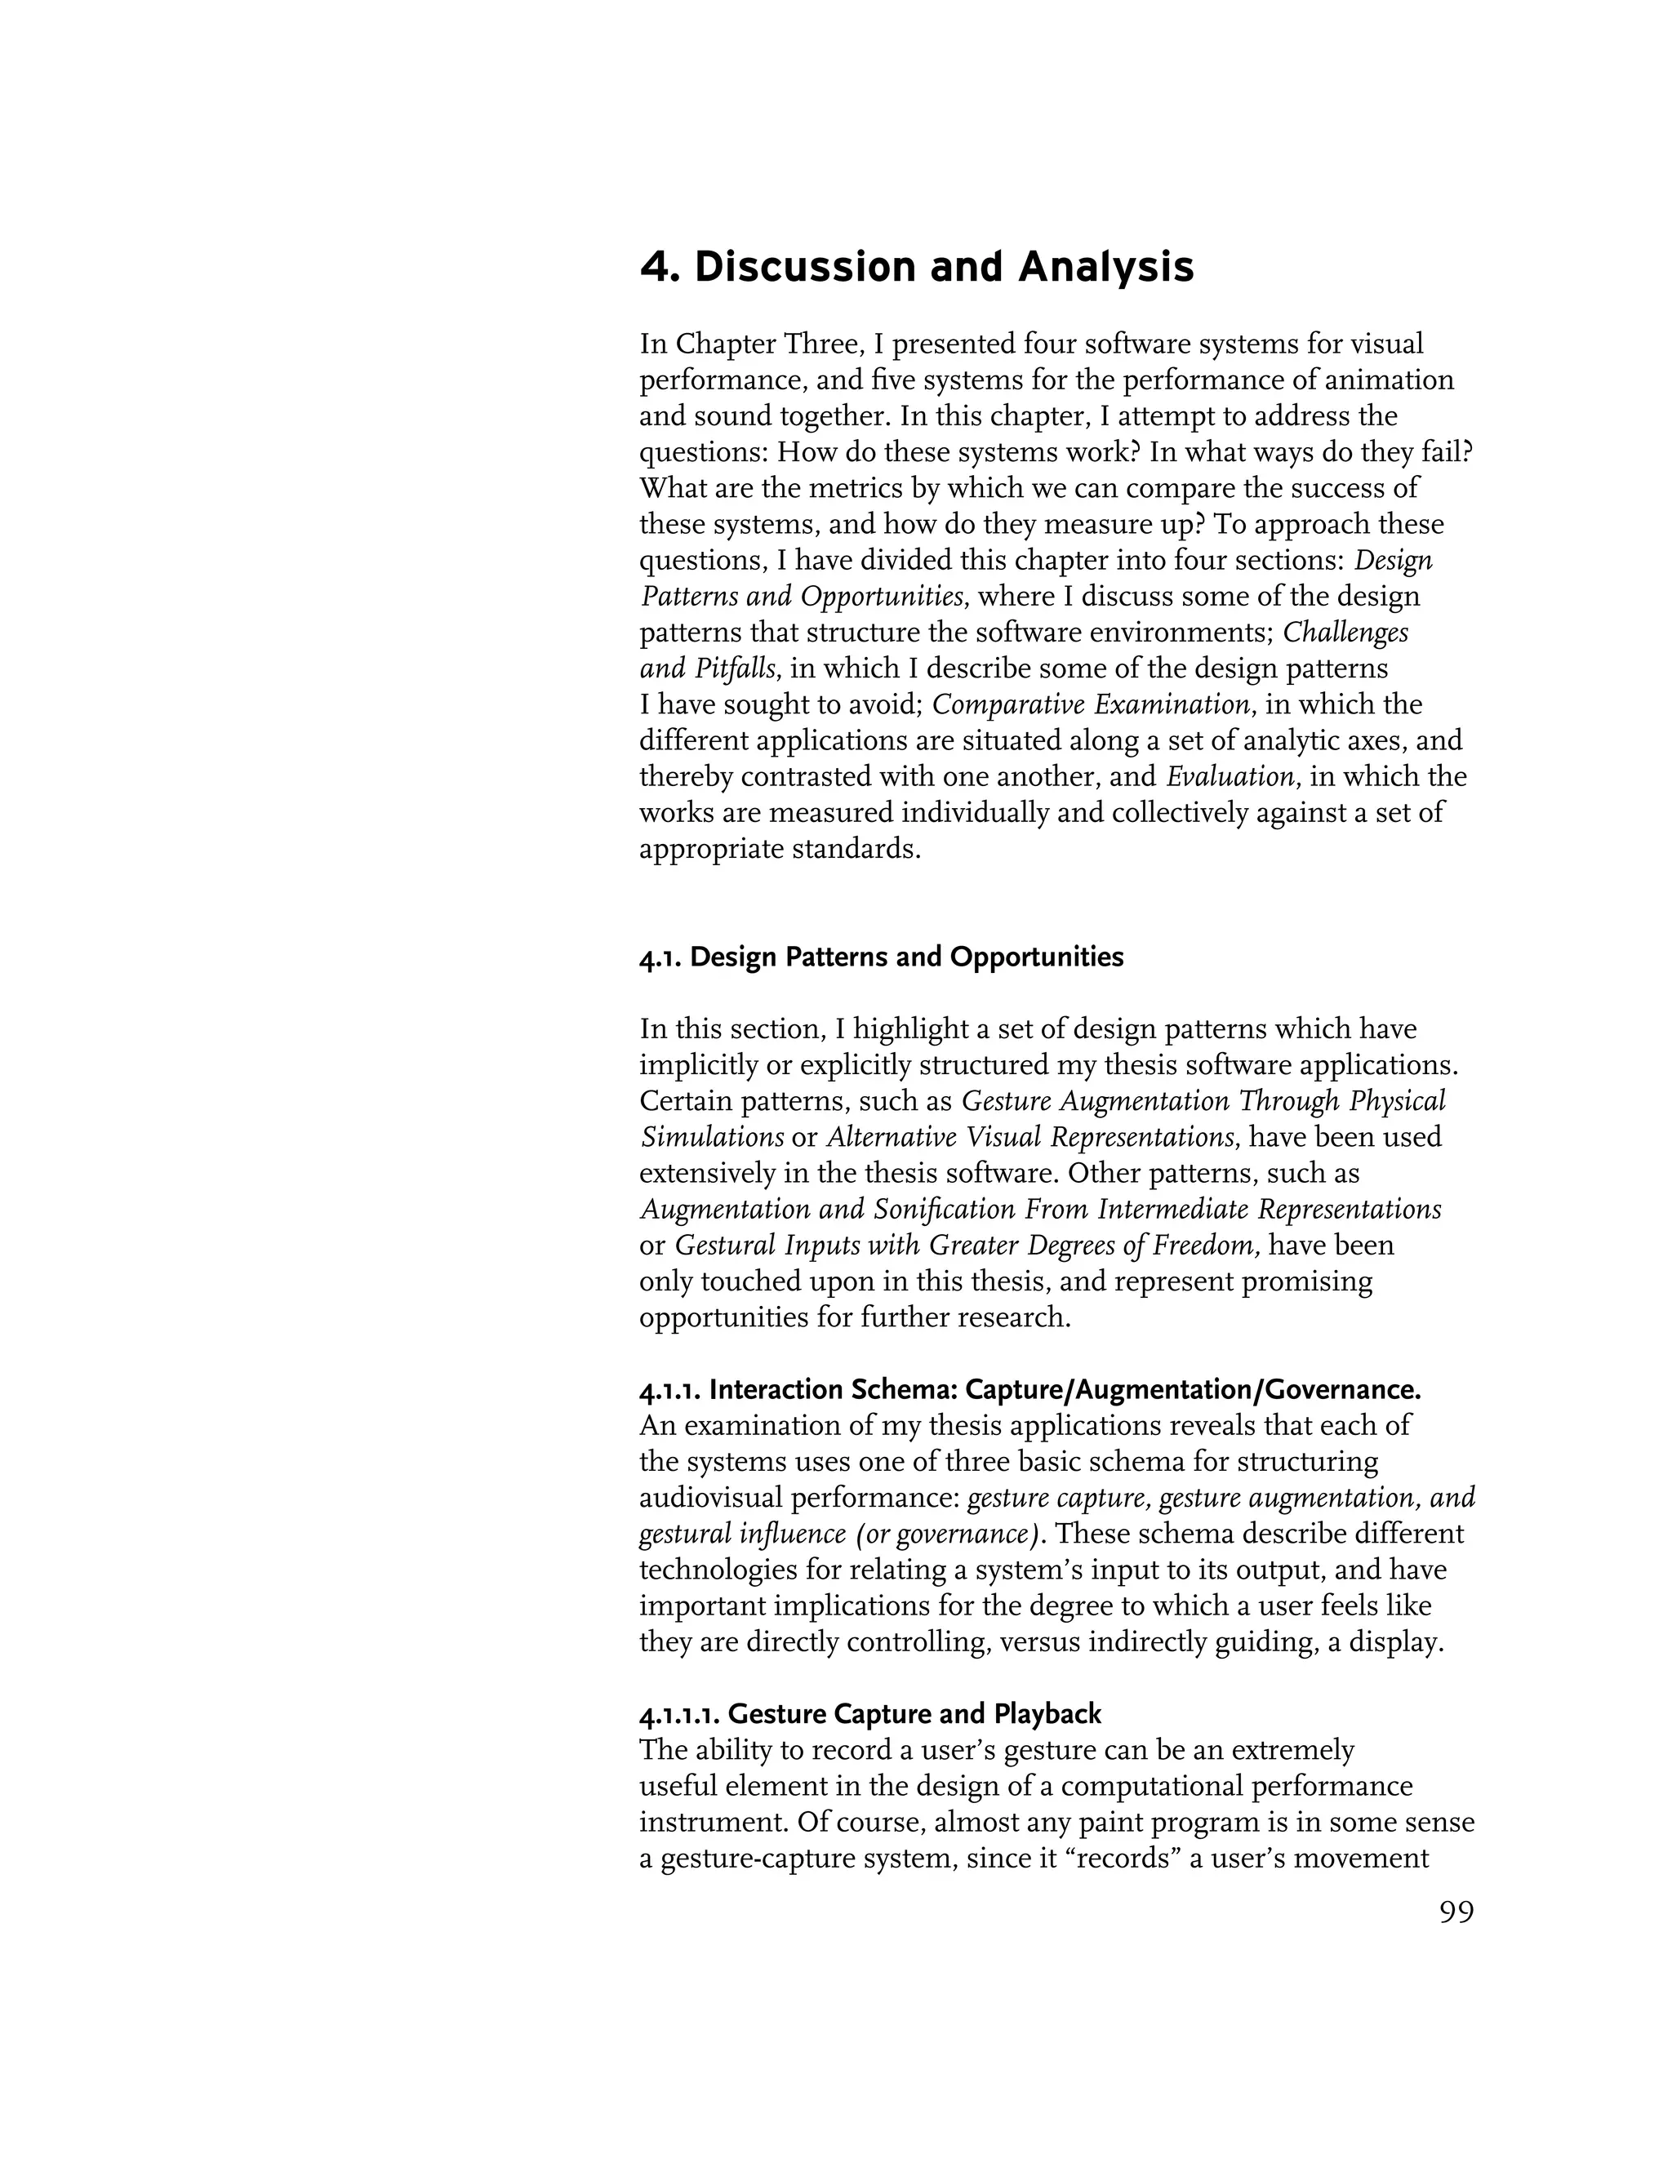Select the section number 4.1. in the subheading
[660, 957]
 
